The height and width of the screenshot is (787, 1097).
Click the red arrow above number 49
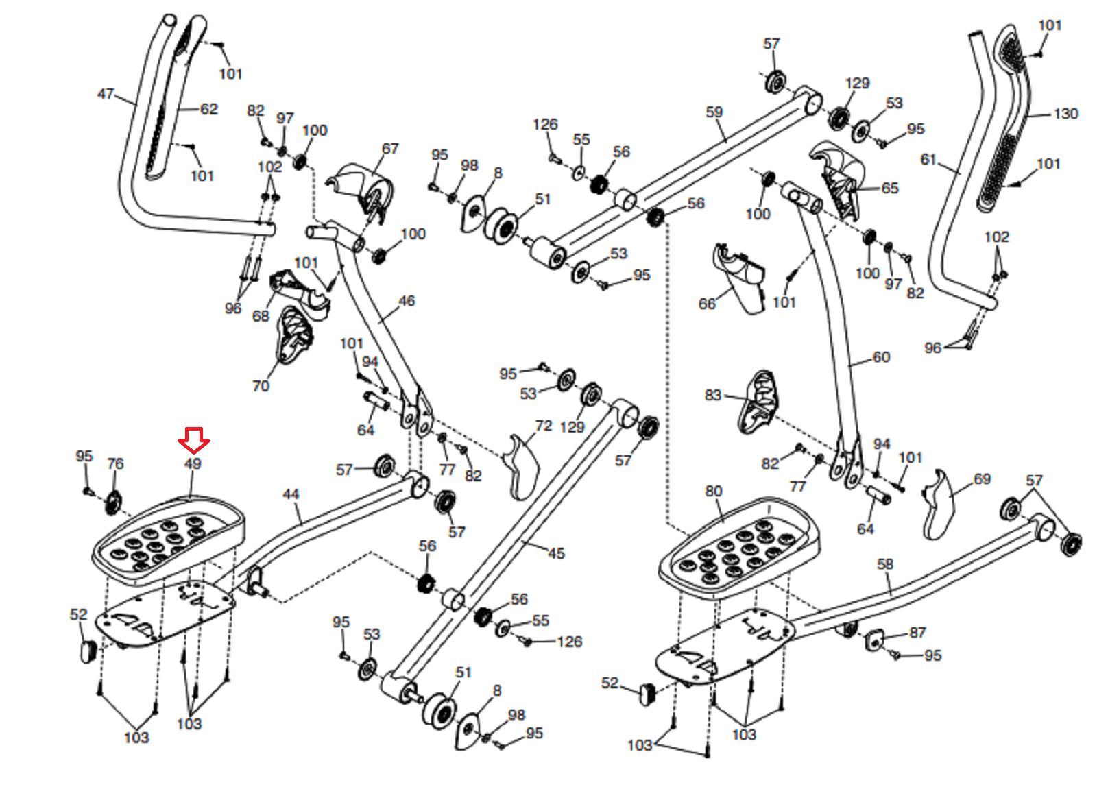194,440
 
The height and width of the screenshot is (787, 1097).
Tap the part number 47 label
106,93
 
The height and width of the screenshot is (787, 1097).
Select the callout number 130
1065,114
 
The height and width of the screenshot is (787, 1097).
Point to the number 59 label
714,112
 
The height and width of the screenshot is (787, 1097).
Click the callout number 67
390,148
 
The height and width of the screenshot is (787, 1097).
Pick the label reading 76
116,463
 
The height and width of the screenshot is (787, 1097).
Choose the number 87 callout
917,633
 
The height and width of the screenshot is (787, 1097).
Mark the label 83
713,396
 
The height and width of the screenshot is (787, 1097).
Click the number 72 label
544,426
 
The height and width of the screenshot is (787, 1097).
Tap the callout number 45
556,553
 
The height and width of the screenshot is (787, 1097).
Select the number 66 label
707,304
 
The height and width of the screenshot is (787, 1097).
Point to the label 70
261,386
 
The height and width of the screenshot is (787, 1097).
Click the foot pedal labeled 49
169,541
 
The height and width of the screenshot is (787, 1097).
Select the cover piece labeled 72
520,467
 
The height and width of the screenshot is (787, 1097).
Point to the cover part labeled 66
740,278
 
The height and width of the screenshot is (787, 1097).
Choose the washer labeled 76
114,503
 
